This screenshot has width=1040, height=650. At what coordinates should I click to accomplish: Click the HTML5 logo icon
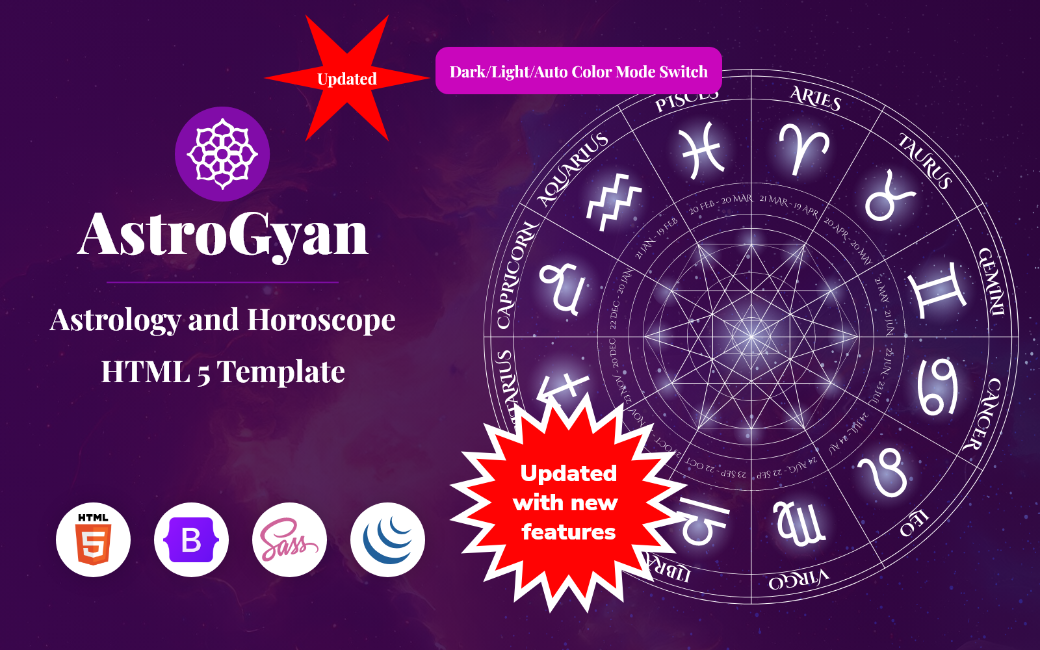(94, 539)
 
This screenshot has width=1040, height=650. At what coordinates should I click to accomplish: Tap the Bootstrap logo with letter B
(191, 539)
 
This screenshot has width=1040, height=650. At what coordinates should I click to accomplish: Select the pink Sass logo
(289, 539)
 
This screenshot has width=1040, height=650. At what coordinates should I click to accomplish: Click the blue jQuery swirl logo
(387, 539)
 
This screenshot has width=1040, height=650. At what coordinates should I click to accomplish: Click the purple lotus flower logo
(222, 154)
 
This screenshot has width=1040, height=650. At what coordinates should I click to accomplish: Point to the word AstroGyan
(223, 234)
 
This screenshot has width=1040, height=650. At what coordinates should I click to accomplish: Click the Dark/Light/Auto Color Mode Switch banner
(578, 71)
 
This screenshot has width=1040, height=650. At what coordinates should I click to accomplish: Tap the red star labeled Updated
(347, 79)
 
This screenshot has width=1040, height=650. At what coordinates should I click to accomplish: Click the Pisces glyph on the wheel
(703, 150)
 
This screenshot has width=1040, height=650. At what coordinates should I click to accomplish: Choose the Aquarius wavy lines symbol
(614, 201)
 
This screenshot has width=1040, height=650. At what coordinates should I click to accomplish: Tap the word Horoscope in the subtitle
(321, 320)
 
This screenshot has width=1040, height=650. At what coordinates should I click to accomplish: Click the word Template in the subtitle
(281, 372)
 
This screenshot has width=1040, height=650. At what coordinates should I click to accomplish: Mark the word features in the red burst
(568, 532)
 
